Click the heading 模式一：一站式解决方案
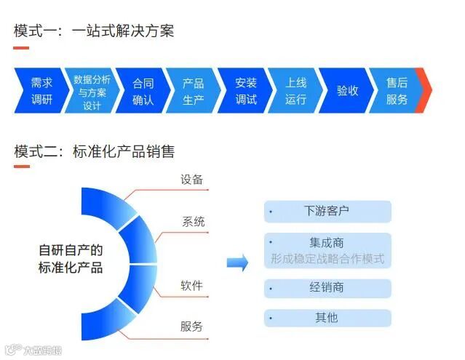click(x=94, y=31)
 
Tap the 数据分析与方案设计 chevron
click(x=92, y=92)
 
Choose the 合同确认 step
click(x=143, y=91)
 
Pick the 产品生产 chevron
click(x=193, y=91)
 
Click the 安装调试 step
click(x=245, y=91)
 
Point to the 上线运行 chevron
click(x=295, y=91)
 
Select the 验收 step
click(x=346, y=91)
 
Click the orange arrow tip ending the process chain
click(x=424, y=91)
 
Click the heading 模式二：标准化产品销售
click(x=95, y=152)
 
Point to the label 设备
click(x=191, y=180)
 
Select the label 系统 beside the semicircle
click(x=193, y=222)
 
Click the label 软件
click(x=191, y=285)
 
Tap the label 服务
click(x=191, y=327)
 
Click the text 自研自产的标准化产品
click(x=71, y=258)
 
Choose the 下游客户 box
click(x=327, y=212)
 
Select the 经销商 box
click(x=327, y=288)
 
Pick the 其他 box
click(x=327, y=318)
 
